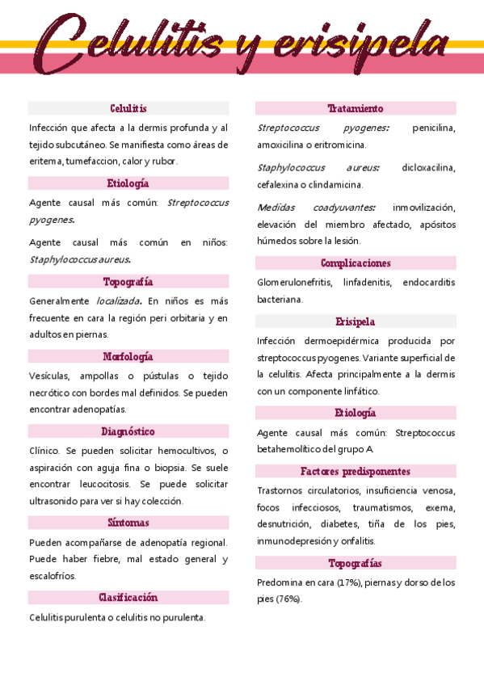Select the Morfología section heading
(128, 356)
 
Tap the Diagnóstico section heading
(128, 431)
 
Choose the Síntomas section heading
(128, 523)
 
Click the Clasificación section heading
(128, 598)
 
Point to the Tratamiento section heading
(356, 108)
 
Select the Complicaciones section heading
(356, 263)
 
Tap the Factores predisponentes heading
(356, 471)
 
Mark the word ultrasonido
(57, 501)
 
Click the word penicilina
(434, 128)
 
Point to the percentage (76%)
(288, 599)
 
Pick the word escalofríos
(53, 576)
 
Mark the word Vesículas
(50, 376)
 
